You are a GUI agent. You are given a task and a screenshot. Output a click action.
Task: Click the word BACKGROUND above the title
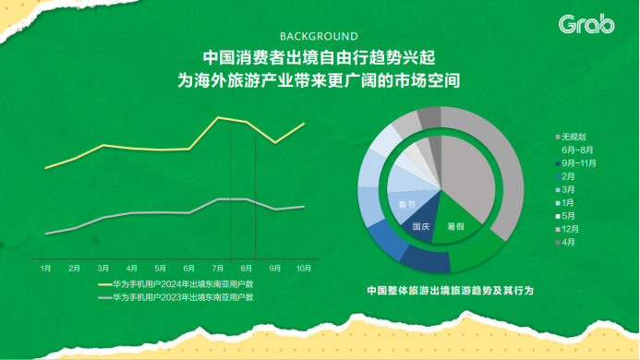tap(319, 37)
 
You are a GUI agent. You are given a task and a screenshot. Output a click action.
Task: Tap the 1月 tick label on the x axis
tap(45, 268)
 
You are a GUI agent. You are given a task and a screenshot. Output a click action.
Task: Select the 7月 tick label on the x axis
tap(218, 268)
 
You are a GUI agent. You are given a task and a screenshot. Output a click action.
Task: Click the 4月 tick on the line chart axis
tap(132, 268)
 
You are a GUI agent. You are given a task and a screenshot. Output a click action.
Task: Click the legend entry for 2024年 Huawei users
tap(180, 284)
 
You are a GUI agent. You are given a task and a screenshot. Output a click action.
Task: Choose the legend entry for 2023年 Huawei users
tap(180, 298)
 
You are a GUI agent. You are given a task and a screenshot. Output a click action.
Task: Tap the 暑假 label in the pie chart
tap(455, 225)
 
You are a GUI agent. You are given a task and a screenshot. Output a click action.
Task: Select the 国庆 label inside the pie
tap(421, 225)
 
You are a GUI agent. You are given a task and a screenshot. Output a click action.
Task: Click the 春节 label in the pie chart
tap(406, 203)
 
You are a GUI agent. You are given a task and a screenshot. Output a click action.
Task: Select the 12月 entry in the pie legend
tap(571, 228)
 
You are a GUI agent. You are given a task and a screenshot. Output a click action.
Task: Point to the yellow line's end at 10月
tap(304, 124)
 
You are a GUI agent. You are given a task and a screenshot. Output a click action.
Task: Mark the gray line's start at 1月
tap(45, 234)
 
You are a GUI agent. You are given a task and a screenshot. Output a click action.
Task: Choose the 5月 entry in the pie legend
tap(568, 215)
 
